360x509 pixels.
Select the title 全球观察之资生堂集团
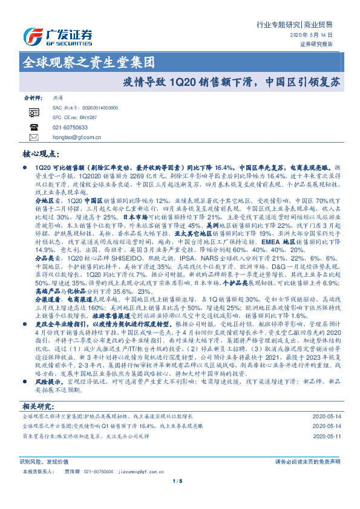(x=88, y=62)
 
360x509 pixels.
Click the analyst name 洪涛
(x=58, y=97)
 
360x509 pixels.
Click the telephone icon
(x=33, y=128)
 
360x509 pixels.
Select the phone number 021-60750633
(x=70, y=128)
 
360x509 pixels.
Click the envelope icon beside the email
(x=33, y=137)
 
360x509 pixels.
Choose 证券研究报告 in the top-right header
(x=316, y=44)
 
